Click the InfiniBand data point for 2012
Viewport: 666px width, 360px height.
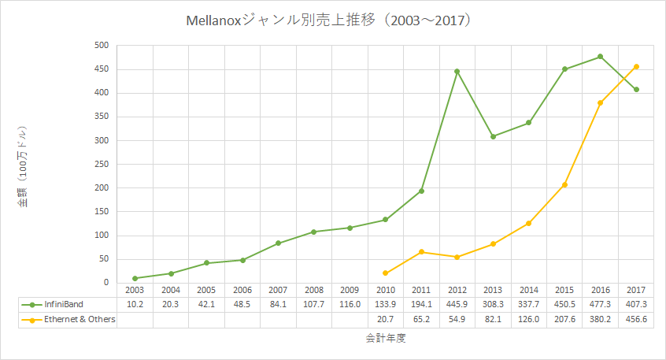(457, 72)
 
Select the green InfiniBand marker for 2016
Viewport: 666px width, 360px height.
(600, 57)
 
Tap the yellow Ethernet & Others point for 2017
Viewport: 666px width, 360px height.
(636, 66)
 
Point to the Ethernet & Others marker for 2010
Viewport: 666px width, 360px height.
(385, 273)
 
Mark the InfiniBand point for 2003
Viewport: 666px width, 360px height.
(135, 278)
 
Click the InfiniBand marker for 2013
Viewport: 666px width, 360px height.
(493, 136)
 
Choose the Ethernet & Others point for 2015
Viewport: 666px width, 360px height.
(564, 184)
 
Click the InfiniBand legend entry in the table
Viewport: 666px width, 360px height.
(63, 304)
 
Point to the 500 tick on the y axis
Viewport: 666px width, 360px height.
(100, 46)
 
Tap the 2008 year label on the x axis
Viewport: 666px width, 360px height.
(313, 291)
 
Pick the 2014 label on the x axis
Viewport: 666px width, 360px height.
(528, 291)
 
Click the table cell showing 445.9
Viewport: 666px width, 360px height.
(457, 304)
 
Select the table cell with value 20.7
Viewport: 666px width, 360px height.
(385, 319)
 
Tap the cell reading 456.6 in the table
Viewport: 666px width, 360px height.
(636, 319)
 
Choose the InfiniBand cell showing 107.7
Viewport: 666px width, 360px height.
(313, 304)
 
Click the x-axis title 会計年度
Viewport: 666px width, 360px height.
(386, 339)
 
